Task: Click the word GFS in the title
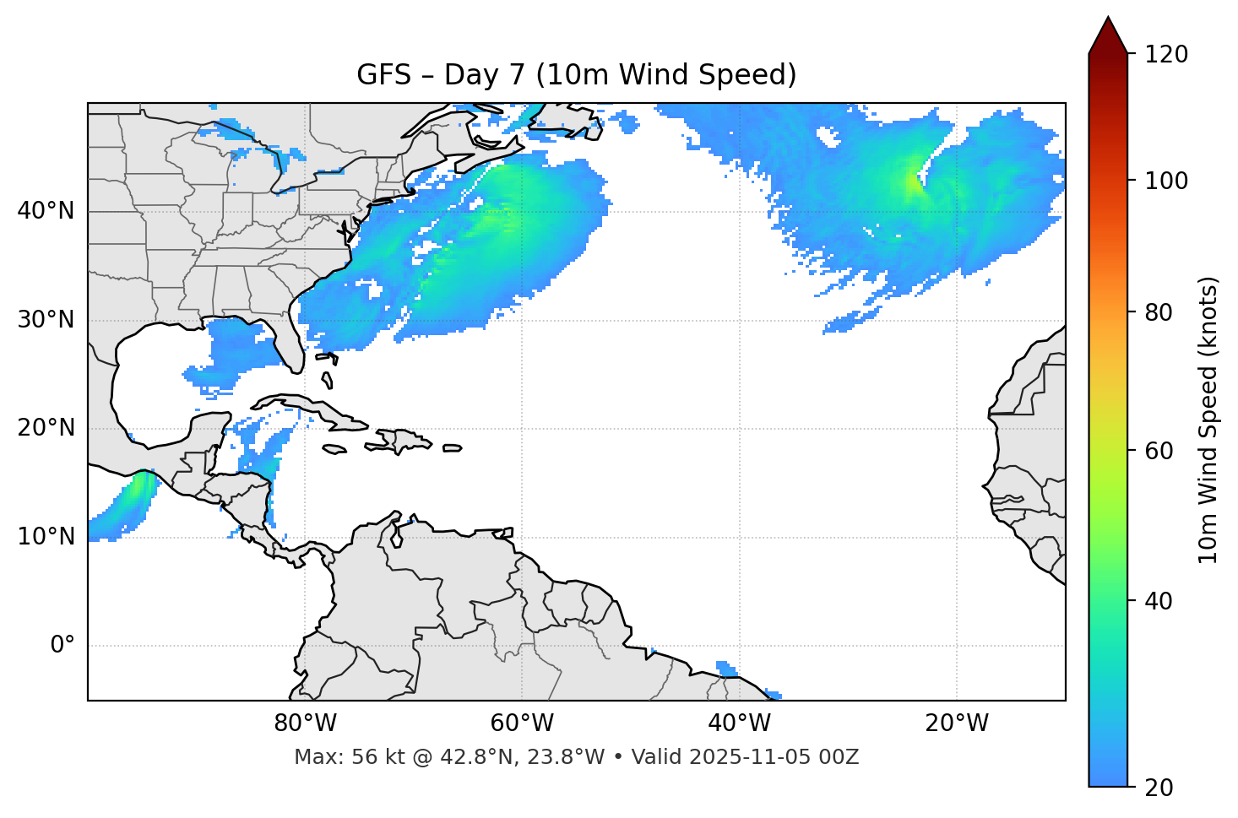click(383, 75)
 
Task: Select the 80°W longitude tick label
click(305, 723)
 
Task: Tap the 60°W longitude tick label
click(522, 723)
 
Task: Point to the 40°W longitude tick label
click(740, 723)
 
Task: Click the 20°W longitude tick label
click(957, 723)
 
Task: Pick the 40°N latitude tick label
click(46, 210)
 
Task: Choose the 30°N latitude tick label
click(46, 320)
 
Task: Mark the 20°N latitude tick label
click(46, 428)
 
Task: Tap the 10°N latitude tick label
click(46, 537)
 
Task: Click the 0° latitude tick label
click(62, 646)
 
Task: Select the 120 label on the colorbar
click(1166, 54)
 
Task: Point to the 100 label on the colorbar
click(1166, 181)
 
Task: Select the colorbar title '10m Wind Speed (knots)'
click(1208, 420)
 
